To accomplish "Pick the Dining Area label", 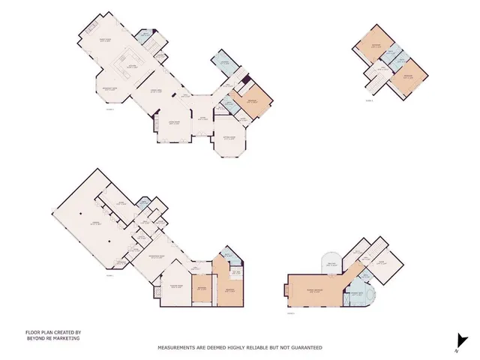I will pyautogui.click(x=158, y=91).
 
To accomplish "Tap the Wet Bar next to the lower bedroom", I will pyautogui.click(x=234, y=272).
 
